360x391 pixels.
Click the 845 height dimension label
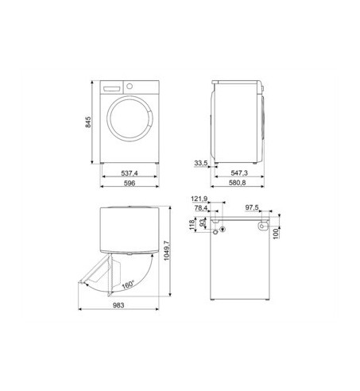[88, 122]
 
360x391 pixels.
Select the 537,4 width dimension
[130, 173]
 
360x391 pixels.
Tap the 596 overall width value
[130, 183]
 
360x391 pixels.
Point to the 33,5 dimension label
[201, 163]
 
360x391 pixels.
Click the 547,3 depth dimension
[239, 172]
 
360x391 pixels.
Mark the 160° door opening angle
[129, 285]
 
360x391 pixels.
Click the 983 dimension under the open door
[118, 305]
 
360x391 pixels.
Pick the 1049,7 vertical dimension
[167, 250]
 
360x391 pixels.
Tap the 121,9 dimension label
[199, 199]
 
